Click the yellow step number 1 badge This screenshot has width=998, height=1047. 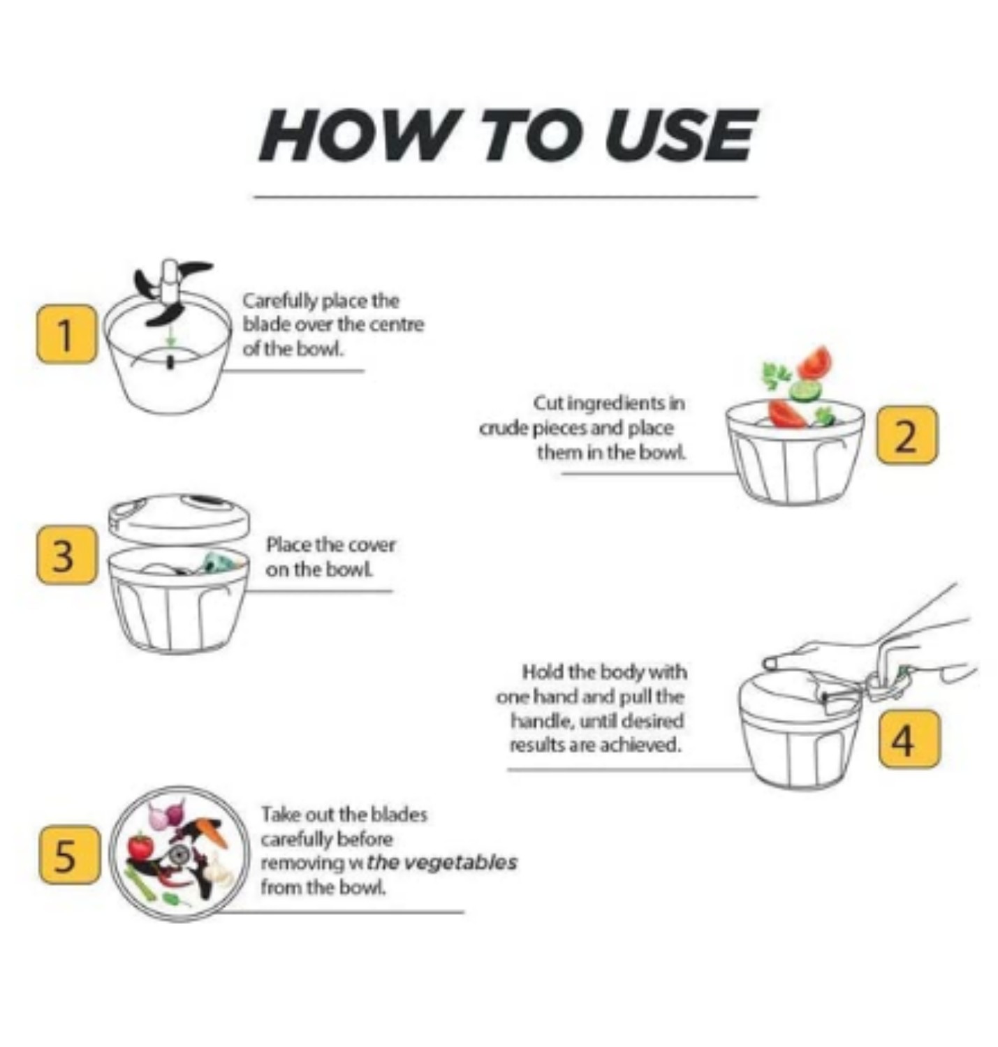pyautogui.click(x=66, y=334)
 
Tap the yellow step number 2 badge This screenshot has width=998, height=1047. pyautogui.click(x=906, y=435)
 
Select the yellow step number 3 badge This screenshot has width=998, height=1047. pyautogui.click(x=66, y=555)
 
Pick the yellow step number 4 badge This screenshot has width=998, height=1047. pyautogui.click(x=908, y=739)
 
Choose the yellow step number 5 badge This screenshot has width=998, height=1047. pyautogui.click(x=68, y=855)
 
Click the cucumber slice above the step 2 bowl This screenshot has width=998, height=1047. pyautogui.click(x=806, y=389)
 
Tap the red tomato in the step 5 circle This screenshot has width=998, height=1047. pyautogui.click(x=140, y=847)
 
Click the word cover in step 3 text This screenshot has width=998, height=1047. pyautogui.click(x=371, y=544)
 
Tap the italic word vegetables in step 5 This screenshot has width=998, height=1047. pyautogui.click(x=462, y=863)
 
